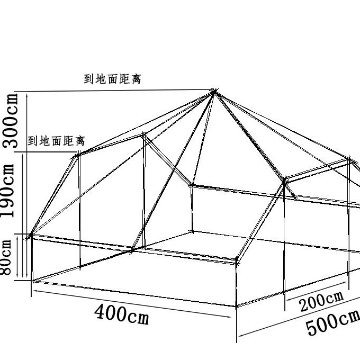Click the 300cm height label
tap(12, 121)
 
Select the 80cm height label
tap(6, 257)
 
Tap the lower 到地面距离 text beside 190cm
tap(56, 141)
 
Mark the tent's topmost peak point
tap(215, 92)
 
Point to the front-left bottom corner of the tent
tap(32, 281)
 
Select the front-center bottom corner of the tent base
tap(237, 307)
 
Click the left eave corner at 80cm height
tap(31, 233)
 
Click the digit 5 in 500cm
tap(312, 329)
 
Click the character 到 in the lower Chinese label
tap(32, 141)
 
